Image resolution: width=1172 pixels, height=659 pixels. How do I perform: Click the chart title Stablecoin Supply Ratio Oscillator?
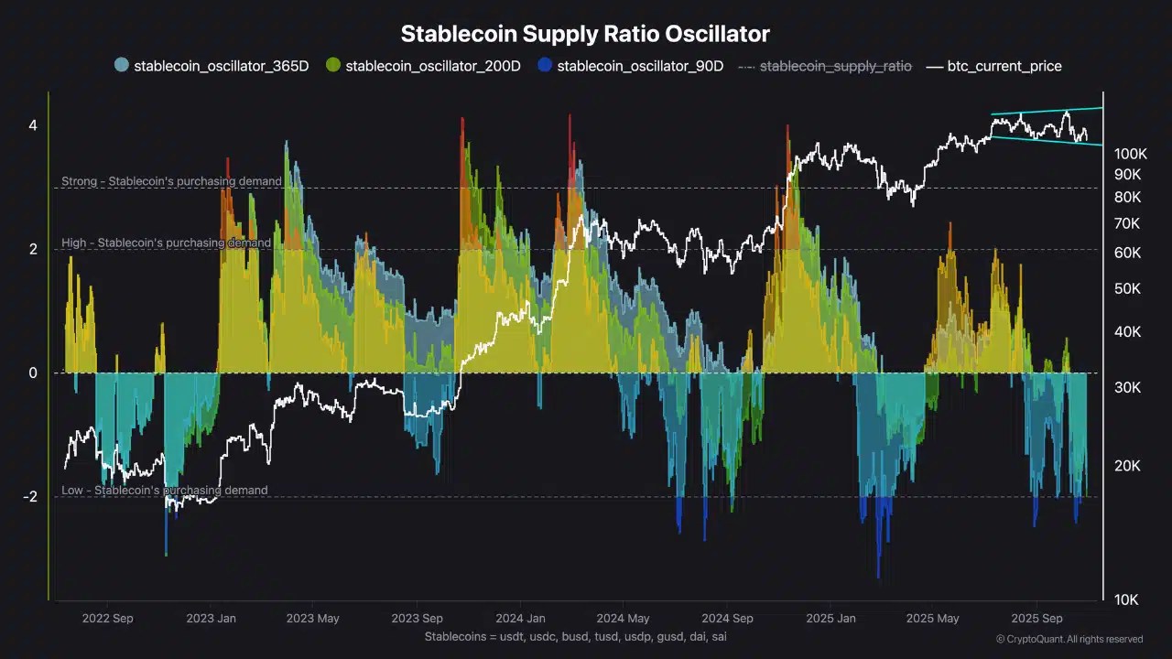(585, 35)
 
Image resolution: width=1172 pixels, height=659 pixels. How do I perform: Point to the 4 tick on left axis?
(32, 125)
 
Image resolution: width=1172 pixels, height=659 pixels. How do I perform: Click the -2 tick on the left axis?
(30, 497)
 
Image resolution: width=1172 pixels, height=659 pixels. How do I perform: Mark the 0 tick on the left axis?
(32, 373)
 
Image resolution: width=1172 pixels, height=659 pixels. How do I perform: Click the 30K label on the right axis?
(1127, 388)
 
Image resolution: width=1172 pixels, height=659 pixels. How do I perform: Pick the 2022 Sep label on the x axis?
(107, 619)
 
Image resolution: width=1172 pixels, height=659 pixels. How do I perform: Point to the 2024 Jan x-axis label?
(520, 619)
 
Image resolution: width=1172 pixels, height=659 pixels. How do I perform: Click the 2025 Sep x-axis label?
(1036, 619)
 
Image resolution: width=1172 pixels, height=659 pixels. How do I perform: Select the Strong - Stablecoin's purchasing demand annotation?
(171, 182)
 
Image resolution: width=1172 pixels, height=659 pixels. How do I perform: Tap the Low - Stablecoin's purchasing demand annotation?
(165, 491)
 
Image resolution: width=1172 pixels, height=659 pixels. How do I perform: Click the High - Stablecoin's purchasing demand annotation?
(166, 243)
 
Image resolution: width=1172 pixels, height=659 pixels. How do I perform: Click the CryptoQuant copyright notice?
(1069, 639)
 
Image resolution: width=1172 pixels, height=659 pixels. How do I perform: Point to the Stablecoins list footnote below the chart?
(575, 636)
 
